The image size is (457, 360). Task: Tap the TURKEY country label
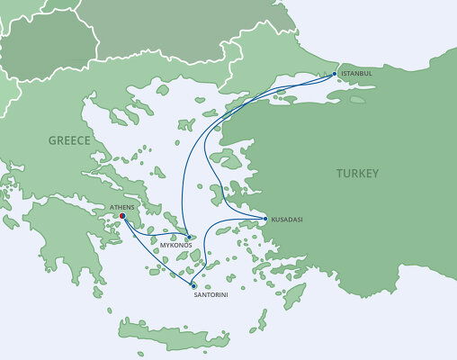(x=356, y=173)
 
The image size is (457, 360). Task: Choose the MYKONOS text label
(x=175, y=245)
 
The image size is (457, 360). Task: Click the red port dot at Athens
(x=122, y=216)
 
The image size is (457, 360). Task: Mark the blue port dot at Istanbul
(x=336, y=73)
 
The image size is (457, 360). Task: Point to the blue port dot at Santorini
(x=193, y=285)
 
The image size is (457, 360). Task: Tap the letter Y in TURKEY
(x=375, y=173)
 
